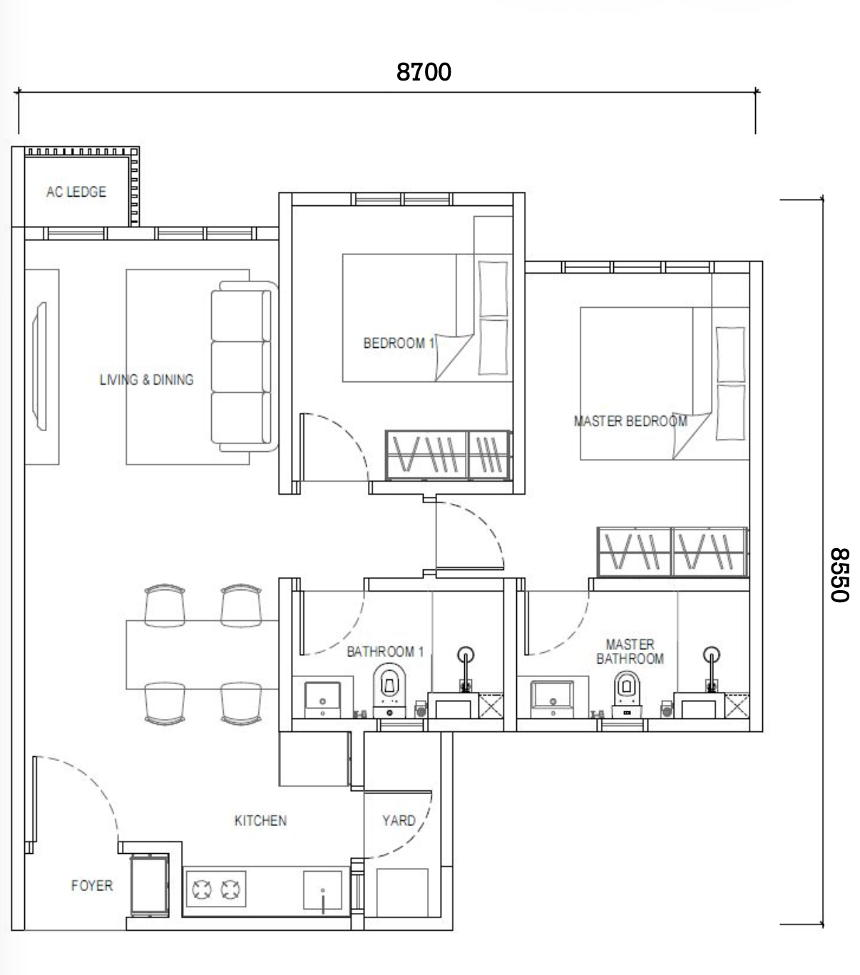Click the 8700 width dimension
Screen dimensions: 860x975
coord(424,72)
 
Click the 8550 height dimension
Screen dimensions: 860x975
coord(839,574)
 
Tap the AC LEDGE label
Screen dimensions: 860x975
coord(76,192)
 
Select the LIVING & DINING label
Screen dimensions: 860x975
coord(146,380)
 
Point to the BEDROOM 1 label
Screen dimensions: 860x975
coord(399,343)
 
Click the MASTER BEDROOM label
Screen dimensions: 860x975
coord(630,421)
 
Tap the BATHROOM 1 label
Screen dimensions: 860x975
coord(385,651)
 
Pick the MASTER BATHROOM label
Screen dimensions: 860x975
coord(630,651)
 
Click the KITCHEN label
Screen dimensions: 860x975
coord(260,820)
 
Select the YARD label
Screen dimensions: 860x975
coord(399,820)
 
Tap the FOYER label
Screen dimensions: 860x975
coord(92,885)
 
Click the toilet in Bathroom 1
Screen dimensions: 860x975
coord(389,691)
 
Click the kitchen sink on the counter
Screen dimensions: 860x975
coord(322,891)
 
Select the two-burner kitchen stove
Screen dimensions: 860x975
coord(216,889)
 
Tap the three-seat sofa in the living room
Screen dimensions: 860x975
coord(244,366)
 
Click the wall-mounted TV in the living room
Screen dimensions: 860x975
coord(39,366)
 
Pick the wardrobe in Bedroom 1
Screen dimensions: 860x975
coord(448,455)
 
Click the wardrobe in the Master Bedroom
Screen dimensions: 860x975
coord(672,552)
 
